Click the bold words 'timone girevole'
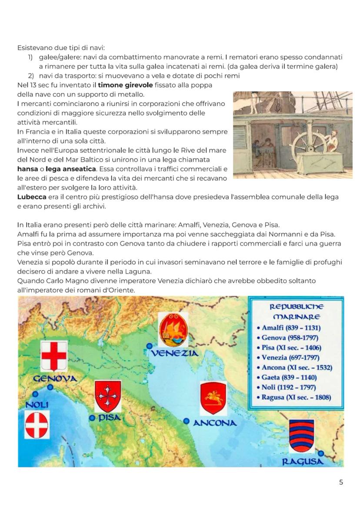pos(126,85)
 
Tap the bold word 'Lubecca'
pos(32,197)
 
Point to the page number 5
pos(341,482)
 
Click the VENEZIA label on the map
pos(174,353)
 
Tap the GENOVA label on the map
pos(55,379)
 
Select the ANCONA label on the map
pos(215,423)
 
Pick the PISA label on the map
pos(109,418)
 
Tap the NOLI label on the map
pos(37,405)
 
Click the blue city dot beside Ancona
pos(187,421)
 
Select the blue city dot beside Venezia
pos(149,346)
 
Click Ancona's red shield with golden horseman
pos(213,398)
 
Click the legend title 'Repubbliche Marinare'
pos(296,312)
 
